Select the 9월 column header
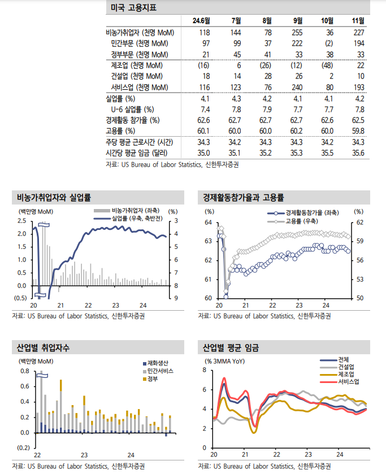click(298, 21)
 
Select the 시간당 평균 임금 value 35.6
click(357, 153)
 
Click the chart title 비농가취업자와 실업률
click(54, 198)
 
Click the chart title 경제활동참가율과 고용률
click(244, 198)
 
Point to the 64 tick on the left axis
click(208, 223)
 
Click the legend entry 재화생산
click(161, 363)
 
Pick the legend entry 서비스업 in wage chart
click(348, 381)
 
